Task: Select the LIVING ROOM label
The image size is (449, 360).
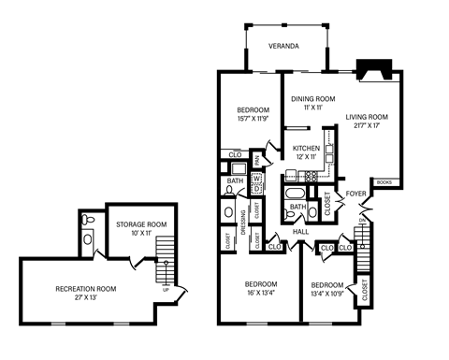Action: (366, 117)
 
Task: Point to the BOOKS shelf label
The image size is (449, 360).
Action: (384, 181)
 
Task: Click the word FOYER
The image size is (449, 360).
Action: (355, 194)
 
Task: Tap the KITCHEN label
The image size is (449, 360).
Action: (306, 149)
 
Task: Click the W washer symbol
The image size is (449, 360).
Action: (256, 178)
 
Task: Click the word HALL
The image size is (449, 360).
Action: (300, 231)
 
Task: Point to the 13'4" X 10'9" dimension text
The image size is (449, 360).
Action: (326, 294)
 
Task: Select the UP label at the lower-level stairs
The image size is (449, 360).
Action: (167, 289)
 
